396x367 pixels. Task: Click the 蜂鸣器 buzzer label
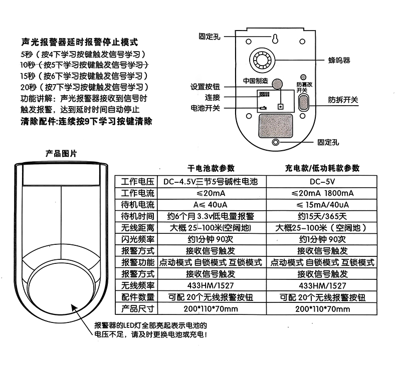[339, 61]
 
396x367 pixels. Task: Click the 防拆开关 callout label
[343, 99]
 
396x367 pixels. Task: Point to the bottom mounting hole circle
[276, 143]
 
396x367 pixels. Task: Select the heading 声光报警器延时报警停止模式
[79, 42]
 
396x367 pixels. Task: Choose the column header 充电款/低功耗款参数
[322, 168]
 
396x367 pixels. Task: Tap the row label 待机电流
[135, 204]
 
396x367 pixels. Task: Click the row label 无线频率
[135, 285]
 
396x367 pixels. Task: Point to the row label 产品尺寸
[135, 308]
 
